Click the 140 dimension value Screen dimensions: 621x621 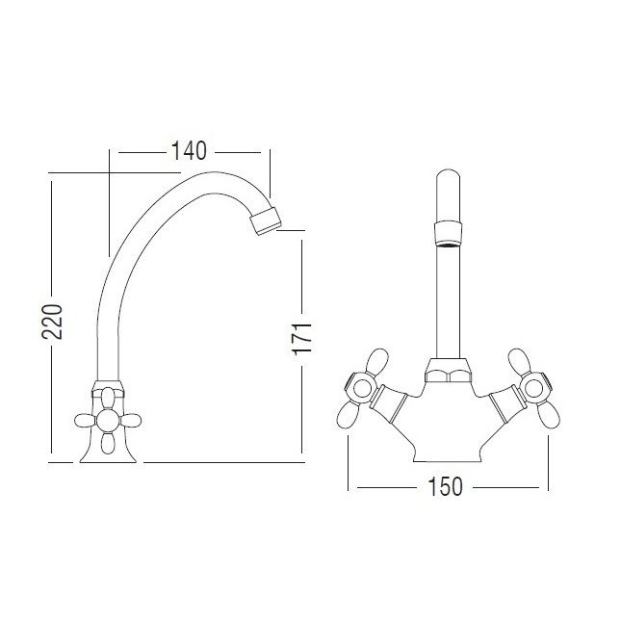(x=189, y=151)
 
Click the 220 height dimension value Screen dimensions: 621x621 (x=52, y=322)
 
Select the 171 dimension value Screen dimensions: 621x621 (x=302, y=339)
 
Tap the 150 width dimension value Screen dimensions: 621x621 (x=445, y=487)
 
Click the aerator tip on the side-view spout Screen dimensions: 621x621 (x=266, y=220)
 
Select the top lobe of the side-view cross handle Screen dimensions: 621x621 (x=108, y=398)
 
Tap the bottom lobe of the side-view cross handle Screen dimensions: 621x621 (x=107, y=443)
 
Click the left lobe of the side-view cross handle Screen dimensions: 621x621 (x=86, y=421)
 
